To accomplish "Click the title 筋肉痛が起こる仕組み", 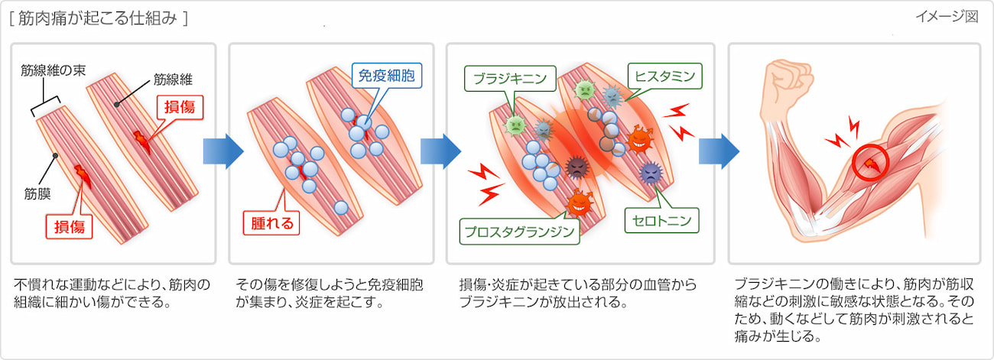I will (99, 18).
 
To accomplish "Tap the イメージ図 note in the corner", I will (947, 18).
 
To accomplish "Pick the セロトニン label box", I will (663, 221).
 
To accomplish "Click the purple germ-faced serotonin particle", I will (650, 174).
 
